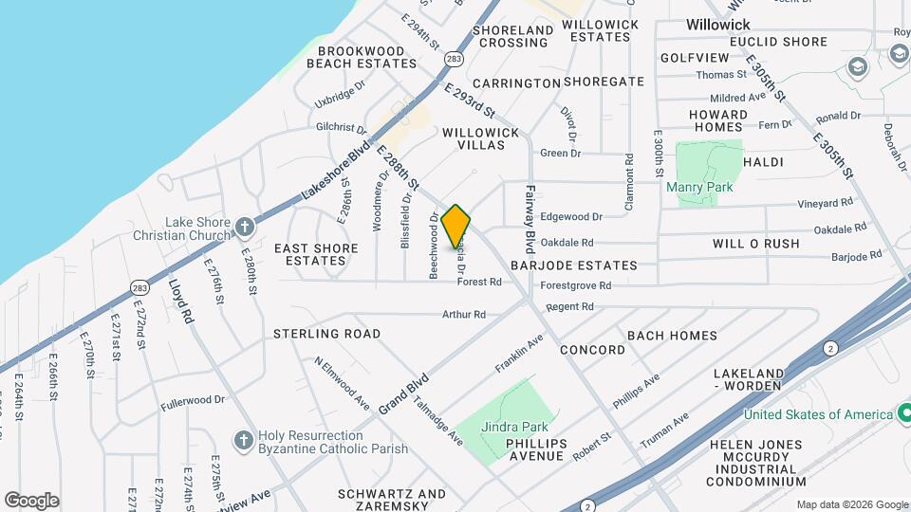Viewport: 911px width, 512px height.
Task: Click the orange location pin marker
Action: pos(456,227)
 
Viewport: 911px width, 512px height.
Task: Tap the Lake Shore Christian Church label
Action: pos(197,229)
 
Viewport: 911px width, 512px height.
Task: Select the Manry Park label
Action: pos(699,187)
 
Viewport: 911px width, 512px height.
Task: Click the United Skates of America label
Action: pos(818,414)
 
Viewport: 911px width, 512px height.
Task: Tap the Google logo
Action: pos(31,500)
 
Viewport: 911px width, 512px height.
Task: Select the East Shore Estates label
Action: pos(316,254)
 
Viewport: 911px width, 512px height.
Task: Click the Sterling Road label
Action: pos(326,334)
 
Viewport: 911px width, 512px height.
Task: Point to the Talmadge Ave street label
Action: pos(437,421)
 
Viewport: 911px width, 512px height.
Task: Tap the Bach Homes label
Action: pos(672,336)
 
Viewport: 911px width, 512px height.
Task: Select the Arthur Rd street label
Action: pos(464,314)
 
